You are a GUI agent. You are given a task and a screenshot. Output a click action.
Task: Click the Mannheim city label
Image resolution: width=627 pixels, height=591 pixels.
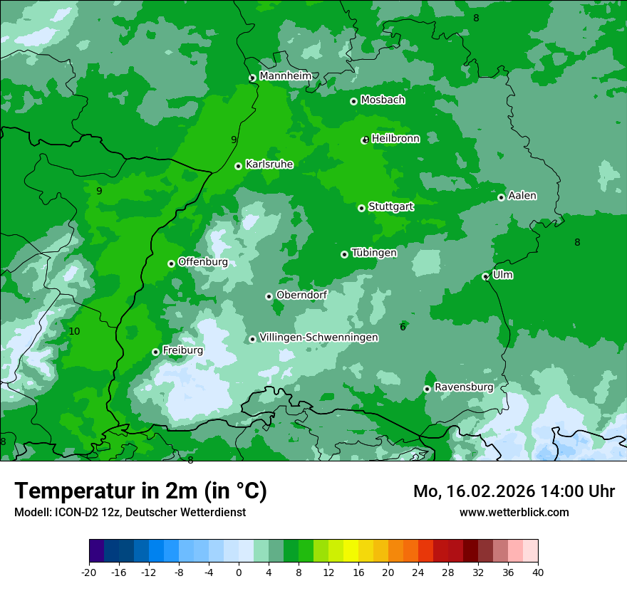coord(285,76)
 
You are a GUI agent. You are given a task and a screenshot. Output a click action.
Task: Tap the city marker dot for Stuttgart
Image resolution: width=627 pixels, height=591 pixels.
coord(361,208)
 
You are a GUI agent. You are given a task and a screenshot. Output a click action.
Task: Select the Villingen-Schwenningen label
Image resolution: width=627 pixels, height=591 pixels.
coord(318,338)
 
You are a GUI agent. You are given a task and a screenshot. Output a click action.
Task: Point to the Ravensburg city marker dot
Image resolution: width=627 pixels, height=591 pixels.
coord(427,389)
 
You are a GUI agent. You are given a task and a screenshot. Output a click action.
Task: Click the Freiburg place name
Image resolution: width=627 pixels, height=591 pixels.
coord(182,350)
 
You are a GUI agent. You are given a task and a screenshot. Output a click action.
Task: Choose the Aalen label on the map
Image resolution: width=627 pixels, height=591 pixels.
coord(522,196)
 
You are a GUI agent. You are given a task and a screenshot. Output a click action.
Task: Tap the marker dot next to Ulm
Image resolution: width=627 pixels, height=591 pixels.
coord(485,276)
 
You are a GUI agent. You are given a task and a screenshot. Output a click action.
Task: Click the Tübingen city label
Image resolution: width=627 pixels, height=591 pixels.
coord(374,253)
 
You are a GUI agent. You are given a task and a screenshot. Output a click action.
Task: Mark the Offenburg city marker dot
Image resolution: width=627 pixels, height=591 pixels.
coord(171,263)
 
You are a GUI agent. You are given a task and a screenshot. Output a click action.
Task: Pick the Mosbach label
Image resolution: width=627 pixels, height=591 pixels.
coord(383,100)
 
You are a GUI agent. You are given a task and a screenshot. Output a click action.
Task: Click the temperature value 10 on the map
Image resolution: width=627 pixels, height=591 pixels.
coord(75,331)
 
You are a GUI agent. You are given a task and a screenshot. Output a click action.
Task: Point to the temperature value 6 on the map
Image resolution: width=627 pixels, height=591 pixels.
coord(403,327)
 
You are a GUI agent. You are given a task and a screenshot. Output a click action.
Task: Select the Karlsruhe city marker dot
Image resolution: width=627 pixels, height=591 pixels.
coord(238,166)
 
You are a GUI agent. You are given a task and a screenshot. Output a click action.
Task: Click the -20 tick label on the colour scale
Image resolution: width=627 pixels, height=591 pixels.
coord(89,572)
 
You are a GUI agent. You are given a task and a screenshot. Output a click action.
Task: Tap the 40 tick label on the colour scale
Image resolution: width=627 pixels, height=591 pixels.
coord(537,572)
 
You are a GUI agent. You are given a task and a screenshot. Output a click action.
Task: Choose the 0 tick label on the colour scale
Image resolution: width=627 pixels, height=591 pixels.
coord(239,572)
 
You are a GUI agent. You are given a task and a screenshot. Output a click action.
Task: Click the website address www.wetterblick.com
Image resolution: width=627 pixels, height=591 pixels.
coord(514,512)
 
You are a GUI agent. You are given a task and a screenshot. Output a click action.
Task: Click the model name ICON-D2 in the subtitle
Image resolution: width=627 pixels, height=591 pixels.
coord(71,513)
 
